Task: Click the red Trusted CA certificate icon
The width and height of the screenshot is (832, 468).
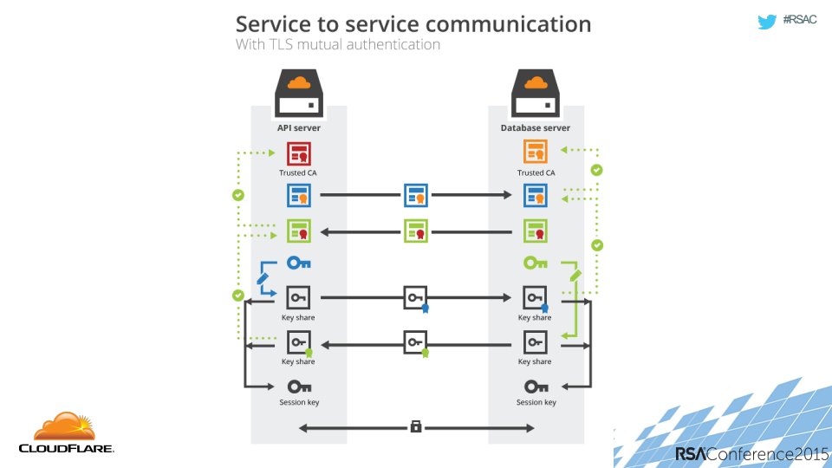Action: tap(299, 154)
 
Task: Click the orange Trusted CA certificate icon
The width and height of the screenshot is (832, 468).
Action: tap(535, 154)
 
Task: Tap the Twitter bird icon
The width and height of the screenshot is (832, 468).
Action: tap(766, 23)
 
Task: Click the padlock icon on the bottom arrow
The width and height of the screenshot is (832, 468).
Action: tap(416, 426)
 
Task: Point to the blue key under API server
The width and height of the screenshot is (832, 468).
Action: tap(299, 263)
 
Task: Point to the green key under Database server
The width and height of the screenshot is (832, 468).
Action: tap(535, 263)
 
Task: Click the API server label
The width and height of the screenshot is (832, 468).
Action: tap(299, 128)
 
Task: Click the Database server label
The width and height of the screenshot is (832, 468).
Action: tap(536, 128)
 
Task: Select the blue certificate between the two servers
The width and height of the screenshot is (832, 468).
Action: tap(416, 196)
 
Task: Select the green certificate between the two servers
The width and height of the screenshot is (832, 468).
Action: tap(416, 231)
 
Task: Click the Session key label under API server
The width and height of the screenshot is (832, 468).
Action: tap(299, 402)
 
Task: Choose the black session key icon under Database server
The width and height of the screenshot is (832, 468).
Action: tap(535, 387)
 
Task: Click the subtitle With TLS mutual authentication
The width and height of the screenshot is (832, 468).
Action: tap(338, 44)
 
